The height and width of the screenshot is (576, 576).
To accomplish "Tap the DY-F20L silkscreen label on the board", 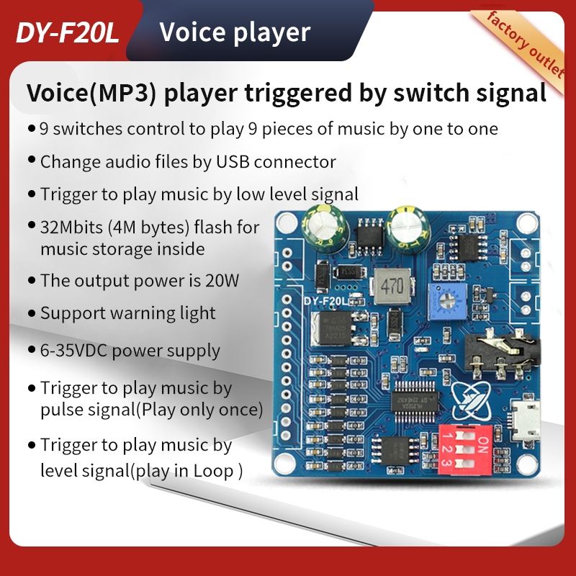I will (328, 303).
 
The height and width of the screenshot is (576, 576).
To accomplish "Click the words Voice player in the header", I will (234, 32).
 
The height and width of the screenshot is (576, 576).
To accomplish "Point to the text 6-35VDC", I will (80, 351).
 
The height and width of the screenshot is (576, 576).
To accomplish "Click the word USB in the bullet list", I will (234, 161).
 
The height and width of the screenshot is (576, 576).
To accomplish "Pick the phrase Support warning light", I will (127, 313).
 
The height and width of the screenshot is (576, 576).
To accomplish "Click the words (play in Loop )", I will (186, 471).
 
